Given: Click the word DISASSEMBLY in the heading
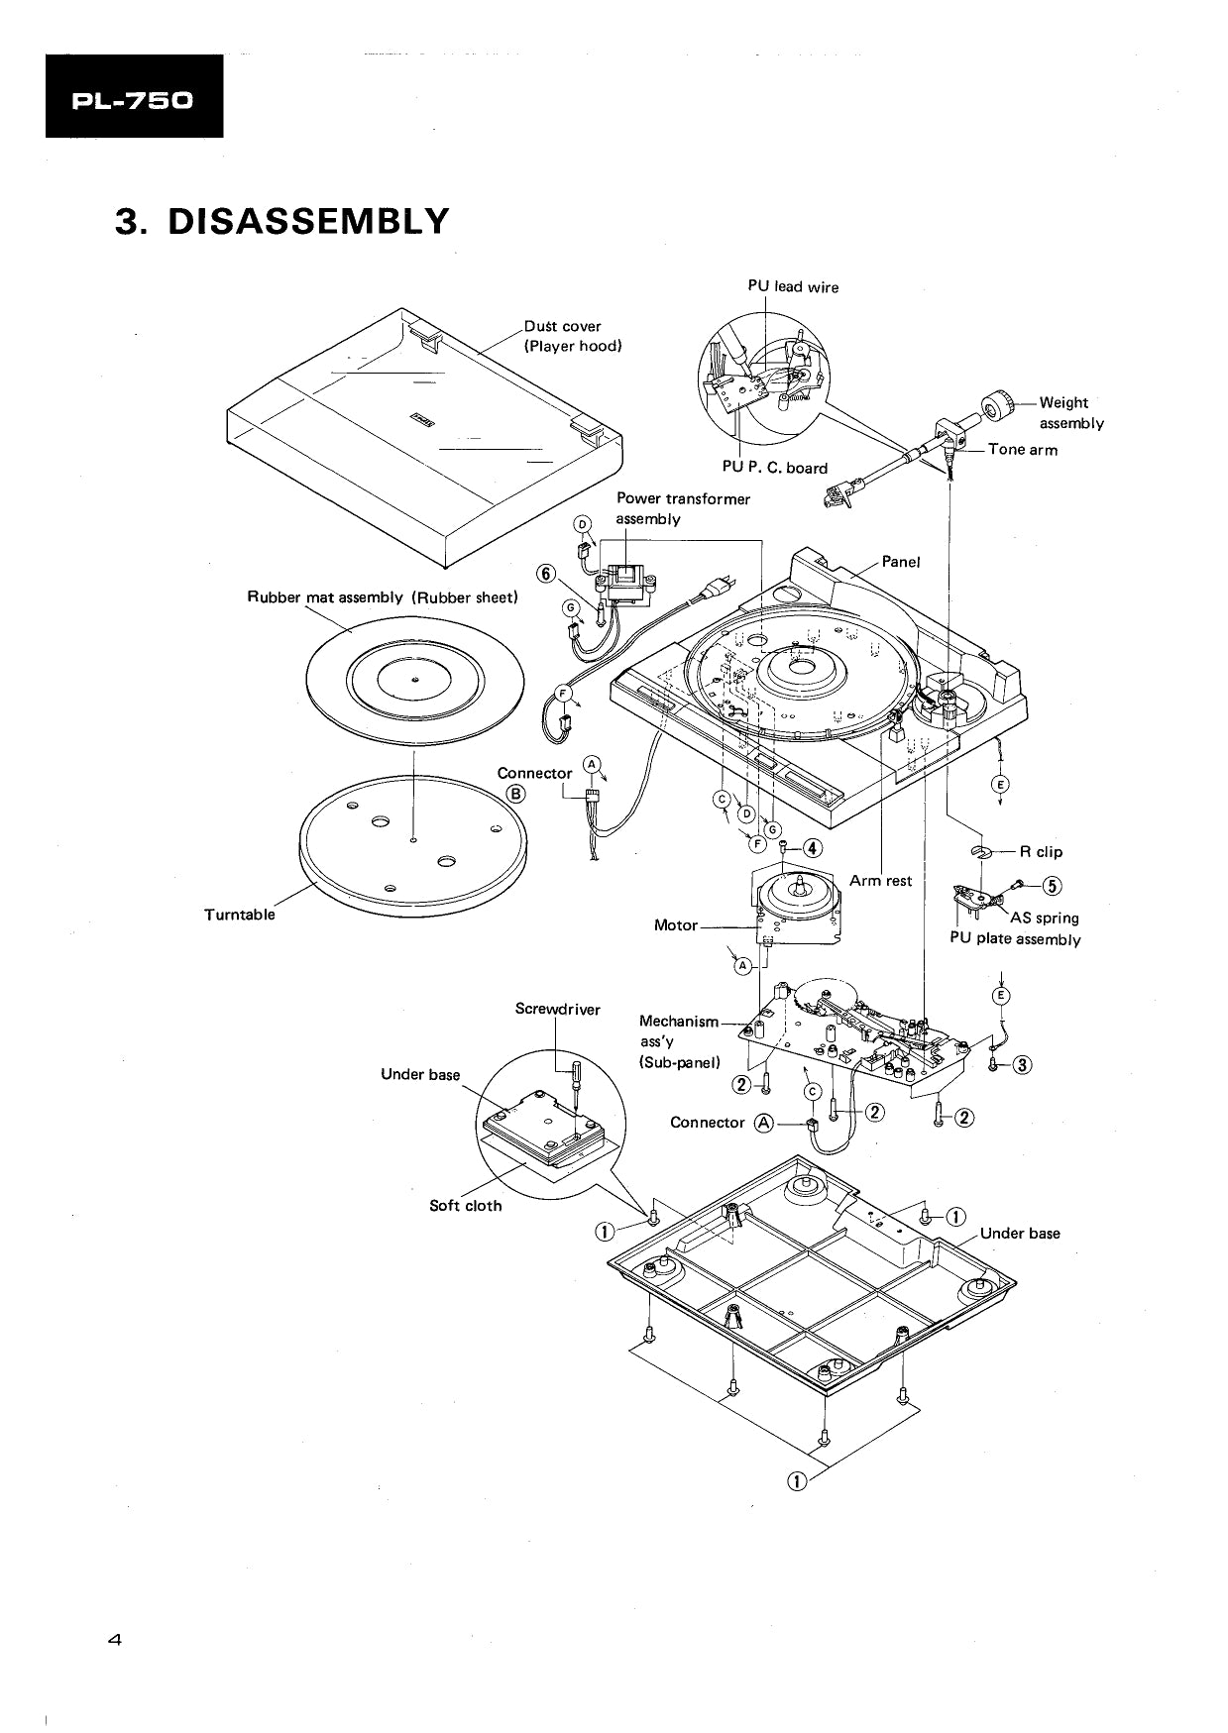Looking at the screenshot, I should coord(308,221).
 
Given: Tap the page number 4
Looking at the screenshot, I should coord(114,1640).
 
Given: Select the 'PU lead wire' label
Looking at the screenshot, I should coord(792,287).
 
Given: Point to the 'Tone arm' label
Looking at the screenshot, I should coord(1022,450).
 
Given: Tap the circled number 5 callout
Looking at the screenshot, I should coord(1052,886).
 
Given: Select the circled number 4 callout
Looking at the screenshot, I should coord(812,847).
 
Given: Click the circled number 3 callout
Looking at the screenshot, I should coord(1023,1065).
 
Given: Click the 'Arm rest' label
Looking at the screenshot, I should coord(880,881).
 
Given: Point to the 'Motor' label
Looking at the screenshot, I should coord(675,925).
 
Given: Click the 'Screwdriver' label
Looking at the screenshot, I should coord(557,1010).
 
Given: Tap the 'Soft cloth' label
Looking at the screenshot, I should coord(465,1206).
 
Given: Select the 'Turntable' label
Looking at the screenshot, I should coord(239,915).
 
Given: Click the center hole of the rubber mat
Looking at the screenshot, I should coord(414,679).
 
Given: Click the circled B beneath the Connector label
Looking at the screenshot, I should coord(516,793).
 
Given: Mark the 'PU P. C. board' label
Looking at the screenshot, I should coord(773,468).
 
